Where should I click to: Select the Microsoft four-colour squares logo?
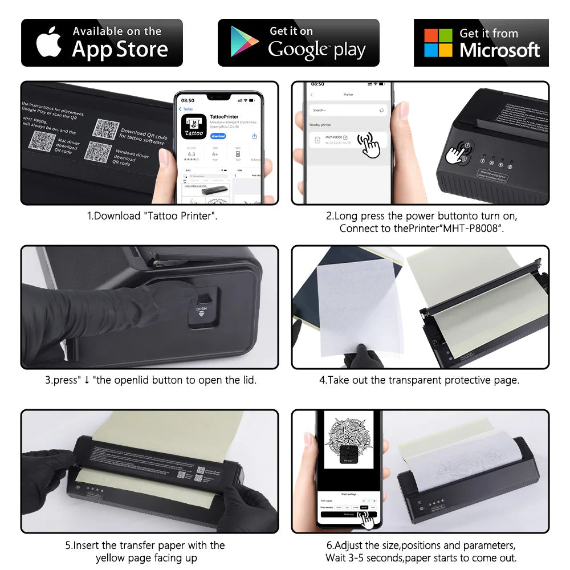pyautogui.click(x=438, y=43)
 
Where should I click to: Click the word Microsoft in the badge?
pyautogui.click(x=499, y=50)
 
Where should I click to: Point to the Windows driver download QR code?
pyautogui.click(x=97, y=151)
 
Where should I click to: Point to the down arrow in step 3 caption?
pyautogui.click(x=87, y=380)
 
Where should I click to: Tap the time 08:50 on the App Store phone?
pyautogui.click(x=188, y=100)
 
